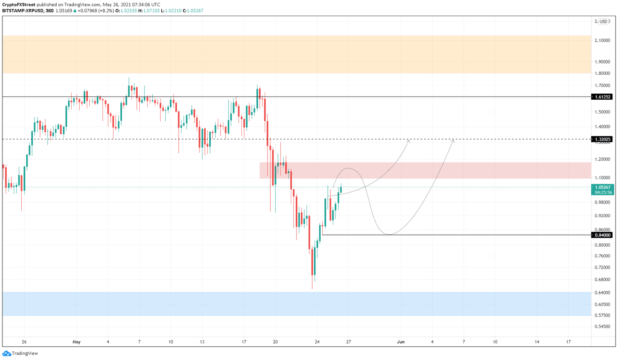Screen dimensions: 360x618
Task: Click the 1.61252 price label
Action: click(602, 97)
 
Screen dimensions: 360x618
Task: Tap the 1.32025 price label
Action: click(602, 139)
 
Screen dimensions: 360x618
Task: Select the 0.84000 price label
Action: click(602, 235)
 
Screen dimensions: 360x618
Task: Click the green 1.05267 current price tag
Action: click(602, 187)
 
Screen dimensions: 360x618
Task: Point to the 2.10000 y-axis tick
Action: click(602, 40)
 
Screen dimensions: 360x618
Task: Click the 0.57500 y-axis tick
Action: click(602, 315)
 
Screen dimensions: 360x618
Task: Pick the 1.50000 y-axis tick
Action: click(602, 112)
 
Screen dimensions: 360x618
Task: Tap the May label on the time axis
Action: click(76, 342)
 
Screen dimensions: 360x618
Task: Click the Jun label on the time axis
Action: click(401, 342)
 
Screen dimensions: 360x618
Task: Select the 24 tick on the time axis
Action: click(317, 342)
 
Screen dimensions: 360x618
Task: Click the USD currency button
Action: click(603, 22)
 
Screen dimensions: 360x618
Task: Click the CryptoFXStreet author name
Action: click(19, 5)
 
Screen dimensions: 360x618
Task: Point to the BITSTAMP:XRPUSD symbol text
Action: click(23, 11)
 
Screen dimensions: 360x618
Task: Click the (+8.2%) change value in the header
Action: click(106, 11)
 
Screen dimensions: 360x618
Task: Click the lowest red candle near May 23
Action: click(312, 262)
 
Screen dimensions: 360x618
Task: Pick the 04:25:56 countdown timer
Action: click(602, 192)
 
